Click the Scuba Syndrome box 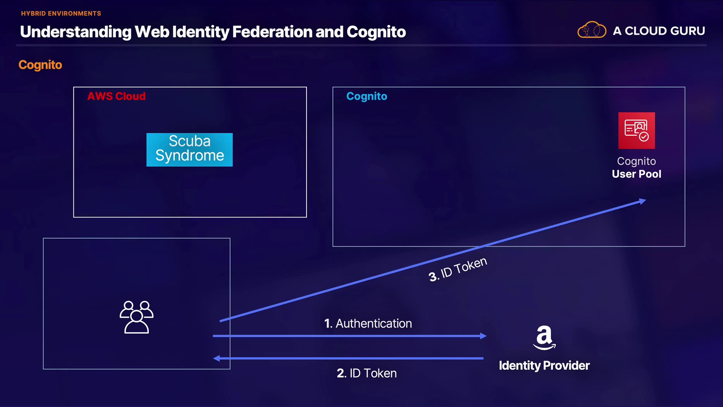[189, 150]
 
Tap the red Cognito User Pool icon [636, 131]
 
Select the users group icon [136, 317]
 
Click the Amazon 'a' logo [544, 338]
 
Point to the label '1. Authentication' [368, 323]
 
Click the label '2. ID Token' [367, 373]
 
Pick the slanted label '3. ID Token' [458, 269]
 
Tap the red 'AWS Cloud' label [116, 96]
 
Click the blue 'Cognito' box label [367, 96]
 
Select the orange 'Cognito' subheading [40, 65]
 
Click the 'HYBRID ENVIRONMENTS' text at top [61, 14]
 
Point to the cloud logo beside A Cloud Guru [592, 30]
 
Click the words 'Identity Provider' [544, 365]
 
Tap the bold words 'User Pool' [636, 174]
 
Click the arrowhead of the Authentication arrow [483, 336]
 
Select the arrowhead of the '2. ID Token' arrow [217, 358]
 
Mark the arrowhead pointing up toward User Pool [642, 201]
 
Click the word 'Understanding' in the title [76, 32]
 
